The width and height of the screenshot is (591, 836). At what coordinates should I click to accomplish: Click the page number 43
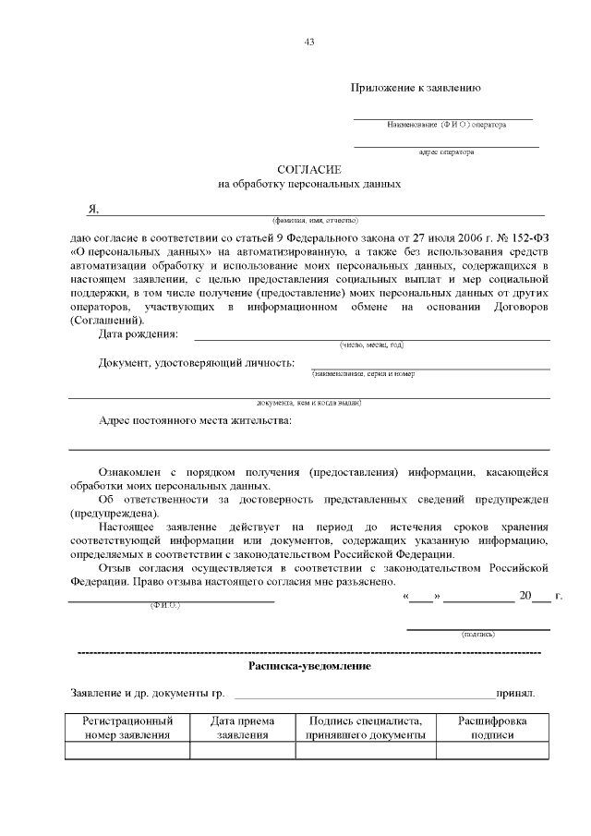[x=309, y=41]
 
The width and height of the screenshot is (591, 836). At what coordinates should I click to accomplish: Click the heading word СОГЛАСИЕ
[x=309, y=169]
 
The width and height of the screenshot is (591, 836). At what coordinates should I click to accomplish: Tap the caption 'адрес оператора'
[x=446, y=151]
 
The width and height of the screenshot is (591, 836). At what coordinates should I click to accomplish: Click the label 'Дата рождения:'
[x=139, y=333]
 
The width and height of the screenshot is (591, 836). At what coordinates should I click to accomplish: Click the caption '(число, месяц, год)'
[x=371, y=345]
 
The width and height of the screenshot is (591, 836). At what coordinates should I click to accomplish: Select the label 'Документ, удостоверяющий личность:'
[x=197, y=362]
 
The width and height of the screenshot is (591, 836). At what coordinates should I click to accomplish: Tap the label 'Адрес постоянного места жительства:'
[x=195, y=421]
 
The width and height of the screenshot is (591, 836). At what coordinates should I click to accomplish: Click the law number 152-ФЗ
[x=529, y=236]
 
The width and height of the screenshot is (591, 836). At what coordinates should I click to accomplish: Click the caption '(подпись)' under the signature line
[x=478, y=635]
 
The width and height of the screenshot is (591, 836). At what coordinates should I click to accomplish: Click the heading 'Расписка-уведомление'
[x=309, y=664]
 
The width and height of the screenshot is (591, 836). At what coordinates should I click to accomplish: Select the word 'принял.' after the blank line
[x=515, y=692]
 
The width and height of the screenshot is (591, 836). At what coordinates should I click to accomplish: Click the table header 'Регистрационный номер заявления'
[x=127, y=728]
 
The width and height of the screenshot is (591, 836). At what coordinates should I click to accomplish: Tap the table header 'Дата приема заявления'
[x=242, y=728]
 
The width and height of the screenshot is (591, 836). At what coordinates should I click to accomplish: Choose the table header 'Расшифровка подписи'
[x=486, y=728]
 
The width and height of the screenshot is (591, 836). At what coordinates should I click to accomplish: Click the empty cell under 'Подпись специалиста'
[x=365, y=751]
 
